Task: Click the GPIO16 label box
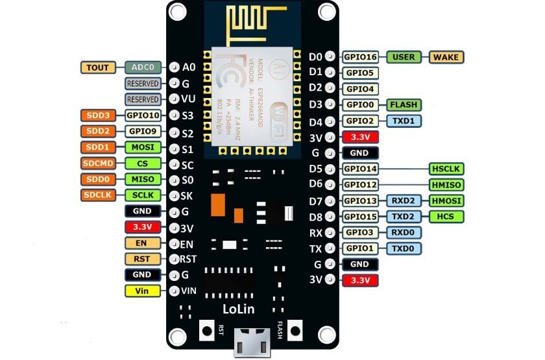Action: (x=360, y=57)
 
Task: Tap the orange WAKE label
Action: (x=446, y=57)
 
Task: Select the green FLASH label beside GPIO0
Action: (x=404, y=104)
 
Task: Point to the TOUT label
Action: (x=98, y=67)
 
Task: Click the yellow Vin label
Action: (x=143, y=291)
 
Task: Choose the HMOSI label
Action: (x=446, y=200)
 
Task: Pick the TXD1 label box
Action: (x=404, y=121)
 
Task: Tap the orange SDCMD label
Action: (x=98, y=163)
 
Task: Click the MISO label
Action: (x=143, y=179)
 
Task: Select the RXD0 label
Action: (x=404, y=232)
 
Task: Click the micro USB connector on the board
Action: (x=252, y=342)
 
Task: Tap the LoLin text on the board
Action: (x=239, y=309)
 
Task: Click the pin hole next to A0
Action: (x=174, y=67)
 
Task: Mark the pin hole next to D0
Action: (x=330, y=56)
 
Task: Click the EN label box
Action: (x=143, y=243)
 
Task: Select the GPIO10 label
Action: (x=143, y=115)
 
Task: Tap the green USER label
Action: (x=404, y=57)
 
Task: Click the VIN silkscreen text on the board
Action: (x=189, y=291)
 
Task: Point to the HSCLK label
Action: (x=446, y=169)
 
